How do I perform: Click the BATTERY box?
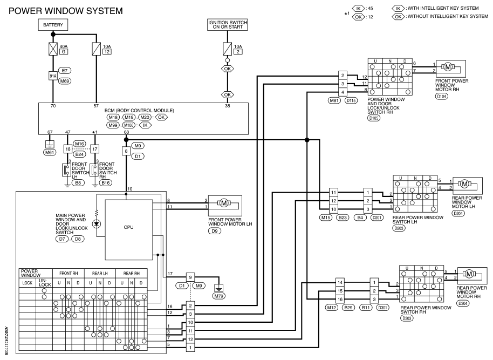pos(53,25)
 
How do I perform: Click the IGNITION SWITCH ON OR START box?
pos(227,24)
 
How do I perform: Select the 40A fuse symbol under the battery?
pos(53,49)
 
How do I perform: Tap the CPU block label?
pos(128,227)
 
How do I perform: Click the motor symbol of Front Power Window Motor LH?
pos(223,203)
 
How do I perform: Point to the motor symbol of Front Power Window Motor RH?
pos(448,67)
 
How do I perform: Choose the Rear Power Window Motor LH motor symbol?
pos(464,184)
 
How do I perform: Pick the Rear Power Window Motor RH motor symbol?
pos(469,274)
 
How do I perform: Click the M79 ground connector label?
pos(218,296)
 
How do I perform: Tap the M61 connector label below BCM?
pos(50,153)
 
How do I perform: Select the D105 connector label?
pos(373,118)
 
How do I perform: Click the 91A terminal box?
pos(53,76)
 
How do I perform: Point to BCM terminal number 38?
pos(227,106)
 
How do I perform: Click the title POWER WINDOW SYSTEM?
pos(66,11)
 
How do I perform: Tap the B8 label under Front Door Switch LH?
pos(78,183)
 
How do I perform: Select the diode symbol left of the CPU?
pos(97,224)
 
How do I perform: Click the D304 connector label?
pos(463,304)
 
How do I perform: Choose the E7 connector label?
pos(65,71)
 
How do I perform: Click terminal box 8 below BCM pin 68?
pos(126,151)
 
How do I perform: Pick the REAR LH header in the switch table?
pos(100,274)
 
